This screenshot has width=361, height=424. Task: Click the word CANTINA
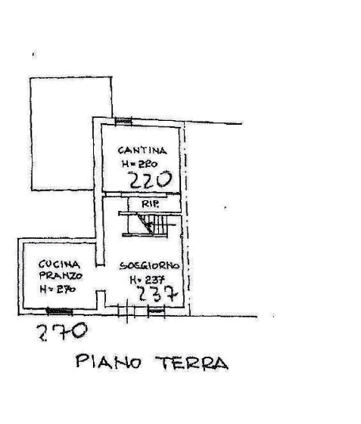pos(142,150)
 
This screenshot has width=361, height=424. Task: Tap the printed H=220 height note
pos(140,164)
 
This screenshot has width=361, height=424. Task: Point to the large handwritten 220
pos(151,180)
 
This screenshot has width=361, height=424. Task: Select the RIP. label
pos(151,204)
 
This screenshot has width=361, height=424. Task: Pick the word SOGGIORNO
pos(149,266)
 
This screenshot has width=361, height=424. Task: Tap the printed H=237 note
pos(148,280)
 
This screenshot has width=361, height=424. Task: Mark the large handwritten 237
pos(157,294)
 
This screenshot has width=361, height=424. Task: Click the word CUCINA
pos(59,265)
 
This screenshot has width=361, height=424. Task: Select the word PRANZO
pos(61,276)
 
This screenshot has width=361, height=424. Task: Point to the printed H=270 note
pos(58,289)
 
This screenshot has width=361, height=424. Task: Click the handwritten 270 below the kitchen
pos(62,331)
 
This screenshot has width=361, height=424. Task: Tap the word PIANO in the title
pos(108,361)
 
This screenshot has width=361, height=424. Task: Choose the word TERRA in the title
pos(191,363)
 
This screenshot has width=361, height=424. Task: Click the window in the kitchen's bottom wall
pos(59,311)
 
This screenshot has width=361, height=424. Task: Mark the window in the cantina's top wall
pos(123,121)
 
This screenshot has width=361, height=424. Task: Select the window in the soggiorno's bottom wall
pos(156,311)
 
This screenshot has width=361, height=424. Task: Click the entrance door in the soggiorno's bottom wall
pos(126,311)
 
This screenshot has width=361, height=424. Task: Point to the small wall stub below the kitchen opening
pos(101,299)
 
